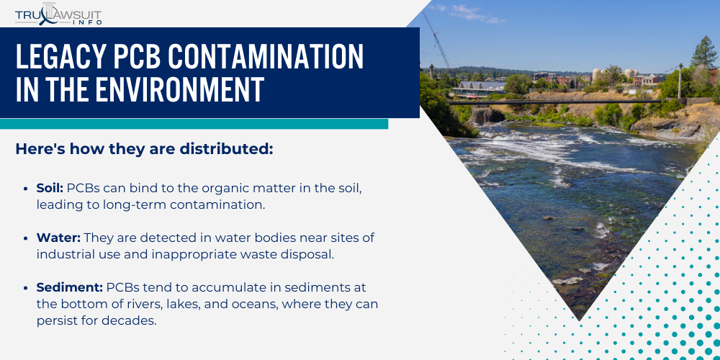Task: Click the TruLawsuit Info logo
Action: [x=58, y=14]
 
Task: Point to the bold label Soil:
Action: [x=50, y=188]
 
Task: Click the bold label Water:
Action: [x=59, y=238]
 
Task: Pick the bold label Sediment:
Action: [x=70, y=288]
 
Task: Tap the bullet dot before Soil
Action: [x=26, y=189]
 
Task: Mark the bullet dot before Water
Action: [x=26, y=239]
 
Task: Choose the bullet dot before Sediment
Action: [x=26, y=289]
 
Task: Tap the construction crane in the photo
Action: [x=437, y=40]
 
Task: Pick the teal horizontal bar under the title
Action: [x=194, y=124]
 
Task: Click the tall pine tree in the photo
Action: [x=704, y=53]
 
